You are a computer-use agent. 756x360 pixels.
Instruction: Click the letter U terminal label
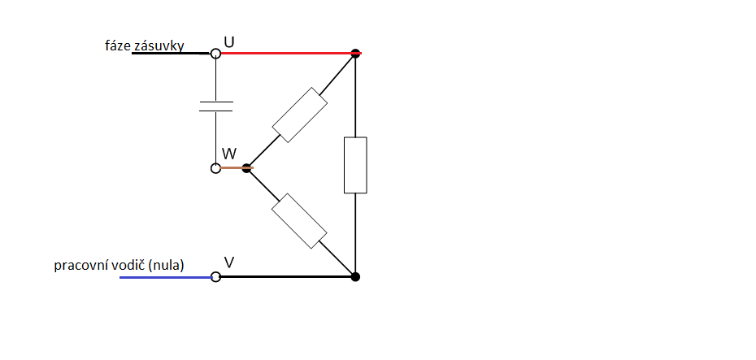229,40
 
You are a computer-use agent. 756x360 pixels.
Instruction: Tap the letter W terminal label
229,154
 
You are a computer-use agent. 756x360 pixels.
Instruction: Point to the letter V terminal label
229,262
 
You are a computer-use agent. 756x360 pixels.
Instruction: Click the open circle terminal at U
215,54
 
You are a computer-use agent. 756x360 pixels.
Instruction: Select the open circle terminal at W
215,168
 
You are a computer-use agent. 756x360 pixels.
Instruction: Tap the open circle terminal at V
215,277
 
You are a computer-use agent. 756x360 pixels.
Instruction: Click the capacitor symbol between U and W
215,106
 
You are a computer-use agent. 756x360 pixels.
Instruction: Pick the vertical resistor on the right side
355,165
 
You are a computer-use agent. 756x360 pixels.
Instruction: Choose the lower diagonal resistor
300,221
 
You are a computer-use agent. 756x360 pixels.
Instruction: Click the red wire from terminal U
285,54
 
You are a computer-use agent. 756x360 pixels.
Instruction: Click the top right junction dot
355,54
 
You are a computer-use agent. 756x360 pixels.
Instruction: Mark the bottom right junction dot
355,277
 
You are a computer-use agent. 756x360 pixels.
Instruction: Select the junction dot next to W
247,168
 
